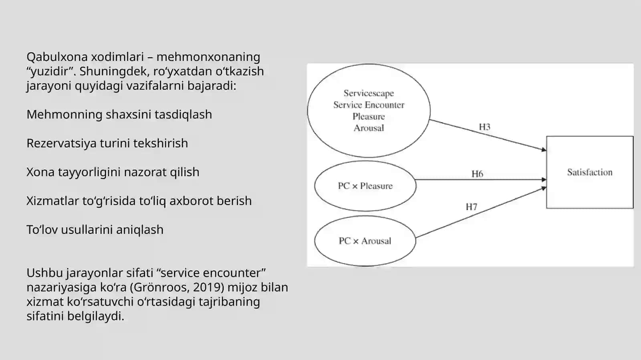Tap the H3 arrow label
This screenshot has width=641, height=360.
(x=484, y=127)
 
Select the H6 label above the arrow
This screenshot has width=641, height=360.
(x=477, y=174)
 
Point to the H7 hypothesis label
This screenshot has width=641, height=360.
(x=471, y=207)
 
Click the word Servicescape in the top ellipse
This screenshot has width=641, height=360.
(x=369, y=93)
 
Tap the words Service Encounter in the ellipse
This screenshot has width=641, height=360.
(x=369, y=105)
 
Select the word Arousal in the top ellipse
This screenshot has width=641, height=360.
(x=369, y=128)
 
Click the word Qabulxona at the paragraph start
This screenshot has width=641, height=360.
(x=57, y=57)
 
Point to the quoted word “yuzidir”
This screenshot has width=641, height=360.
(x=51, y=72)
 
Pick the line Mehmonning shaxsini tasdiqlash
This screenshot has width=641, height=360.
(x=119, y=115)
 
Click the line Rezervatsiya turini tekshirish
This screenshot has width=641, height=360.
(x=107, y=143)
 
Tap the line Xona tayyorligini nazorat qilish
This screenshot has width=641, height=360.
(x=113, y=173)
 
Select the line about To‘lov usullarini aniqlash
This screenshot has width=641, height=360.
(x=95, y=230)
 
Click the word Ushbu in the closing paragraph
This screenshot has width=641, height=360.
(x=44, y=273)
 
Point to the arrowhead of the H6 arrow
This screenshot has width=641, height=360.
(x=544, y=179)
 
